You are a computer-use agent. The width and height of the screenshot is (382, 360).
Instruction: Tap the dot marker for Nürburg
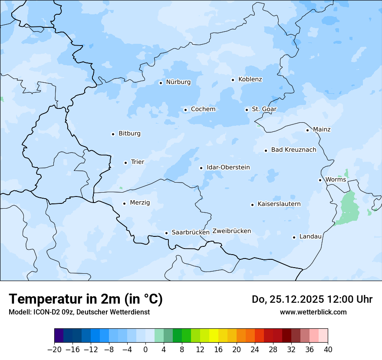pos(161,83)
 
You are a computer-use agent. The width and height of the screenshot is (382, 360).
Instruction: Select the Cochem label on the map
pos(203,109)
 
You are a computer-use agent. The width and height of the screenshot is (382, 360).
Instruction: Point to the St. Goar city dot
pos(247,110)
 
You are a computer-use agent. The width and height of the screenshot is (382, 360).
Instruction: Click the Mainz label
pos(322,130)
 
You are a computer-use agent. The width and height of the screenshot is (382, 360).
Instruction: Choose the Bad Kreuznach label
pos(293,150)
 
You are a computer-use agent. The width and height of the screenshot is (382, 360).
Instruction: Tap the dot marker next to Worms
pos(320,180)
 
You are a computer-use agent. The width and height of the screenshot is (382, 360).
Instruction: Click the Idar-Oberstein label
pos(228,167)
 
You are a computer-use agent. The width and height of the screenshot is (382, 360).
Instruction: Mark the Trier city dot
pos(125,163)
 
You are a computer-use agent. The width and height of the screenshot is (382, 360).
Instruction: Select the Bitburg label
pos(129,134)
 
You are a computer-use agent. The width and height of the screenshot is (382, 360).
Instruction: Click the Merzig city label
pos(140,203)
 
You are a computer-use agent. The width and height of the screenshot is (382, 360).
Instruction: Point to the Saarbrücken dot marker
pos(166,233)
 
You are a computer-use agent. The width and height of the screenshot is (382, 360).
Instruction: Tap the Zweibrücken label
pos(231,231)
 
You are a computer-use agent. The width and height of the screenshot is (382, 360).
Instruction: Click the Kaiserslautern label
pos(279,204)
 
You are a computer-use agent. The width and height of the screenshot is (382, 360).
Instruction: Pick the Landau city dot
pos(294,237)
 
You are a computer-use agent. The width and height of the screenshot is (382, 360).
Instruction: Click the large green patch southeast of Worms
pos(349,208)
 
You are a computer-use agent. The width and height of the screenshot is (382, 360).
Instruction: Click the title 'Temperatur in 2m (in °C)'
pos(86,299)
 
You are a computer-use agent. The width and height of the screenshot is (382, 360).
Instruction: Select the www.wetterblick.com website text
pos(313,312)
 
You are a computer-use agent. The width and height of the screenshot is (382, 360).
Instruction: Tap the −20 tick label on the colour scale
pos(54,350)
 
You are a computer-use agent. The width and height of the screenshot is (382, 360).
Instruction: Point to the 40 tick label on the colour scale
pos(328,350)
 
